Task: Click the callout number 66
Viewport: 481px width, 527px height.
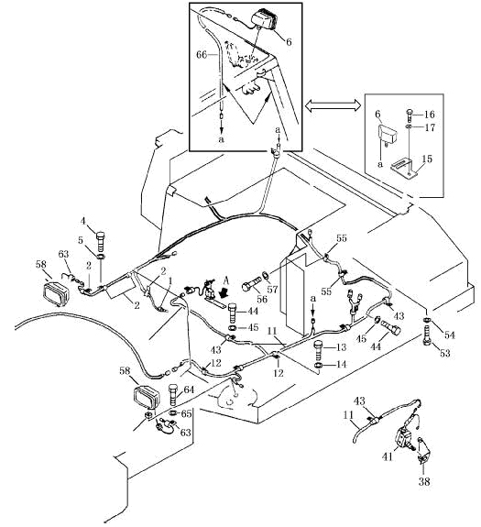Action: click(x=202, y=55)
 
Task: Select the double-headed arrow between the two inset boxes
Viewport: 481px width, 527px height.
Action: click(x=333, y=105)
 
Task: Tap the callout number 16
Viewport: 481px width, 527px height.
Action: click(x=429, y=115)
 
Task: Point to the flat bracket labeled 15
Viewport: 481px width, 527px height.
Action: click(x=404, y=167)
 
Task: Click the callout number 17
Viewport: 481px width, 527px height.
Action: click(x=430, y=127)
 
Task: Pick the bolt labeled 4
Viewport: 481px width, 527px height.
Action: click(x=101, y=240)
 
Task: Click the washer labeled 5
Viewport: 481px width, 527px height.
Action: click(x=102, y=258)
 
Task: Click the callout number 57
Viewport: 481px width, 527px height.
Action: click(x=272, y=289)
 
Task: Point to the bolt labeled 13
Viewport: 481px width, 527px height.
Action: click(x=319, y=349)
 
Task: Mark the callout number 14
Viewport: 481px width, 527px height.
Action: click(x=341, y=364)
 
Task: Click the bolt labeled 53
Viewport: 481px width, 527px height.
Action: click(x=427, y=335)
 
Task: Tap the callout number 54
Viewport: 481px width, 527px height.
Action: click(x=449, y=335)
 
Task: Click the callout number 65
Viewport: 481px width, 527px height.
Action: click(x=186, y=414)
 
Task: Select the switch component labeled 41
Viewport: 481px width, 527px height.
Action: click(x=405, y=437)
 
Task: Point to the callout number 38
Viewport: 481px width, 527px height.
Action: click(x=424, y=481)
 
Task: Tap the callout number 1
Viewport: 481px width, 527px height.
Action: click(x=170, y=280)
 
